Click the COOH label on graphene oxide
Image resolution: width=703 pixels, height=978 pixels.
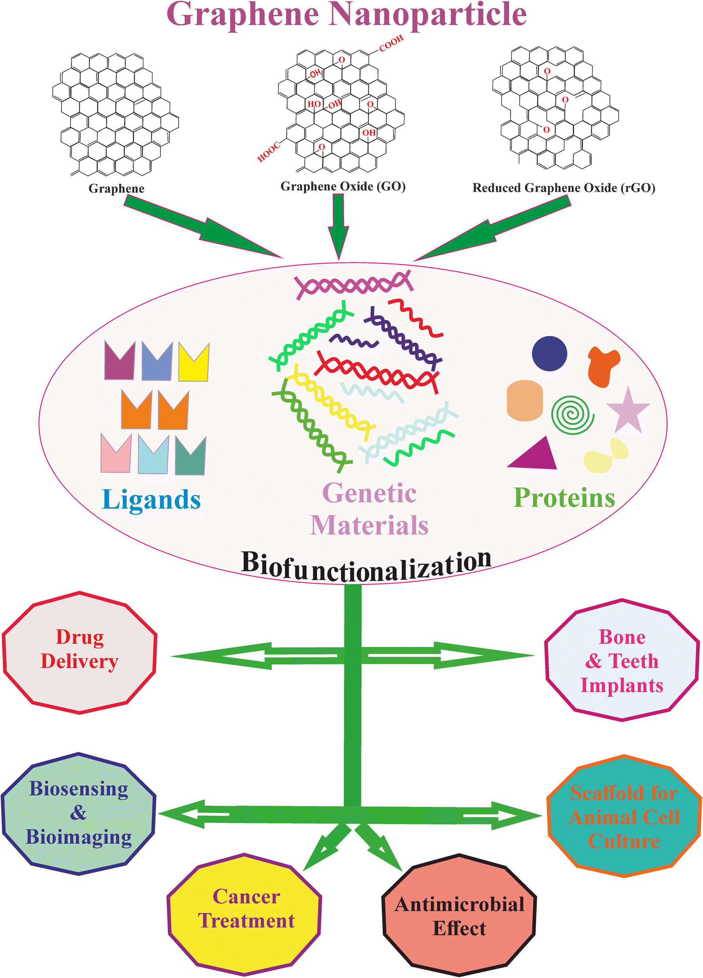coord(391,43)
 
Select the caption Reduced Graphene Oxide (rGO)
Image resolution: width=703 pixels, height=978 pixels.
coord(564,188)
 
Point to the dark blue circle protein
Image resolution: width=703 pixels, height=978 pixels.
coord(549,354)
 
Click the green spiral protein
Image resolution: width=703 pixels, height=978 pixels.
coord(572,415)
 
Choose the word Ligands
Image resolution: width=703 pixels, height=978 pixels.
coord(151,500)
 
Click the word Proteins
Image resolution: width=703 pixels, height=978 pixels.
coord(564,498)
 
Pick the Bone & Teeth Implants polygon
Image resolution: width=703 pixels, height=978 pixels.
coord(621,660)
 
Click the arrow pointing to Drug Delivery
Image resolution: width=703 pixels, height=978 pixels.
coord(242,656)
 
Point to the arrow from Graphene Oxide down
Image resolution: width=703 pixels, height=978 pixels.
coord(339,226)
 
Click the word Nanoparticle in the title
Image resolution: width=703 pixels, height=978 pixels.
coord(429,15)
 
